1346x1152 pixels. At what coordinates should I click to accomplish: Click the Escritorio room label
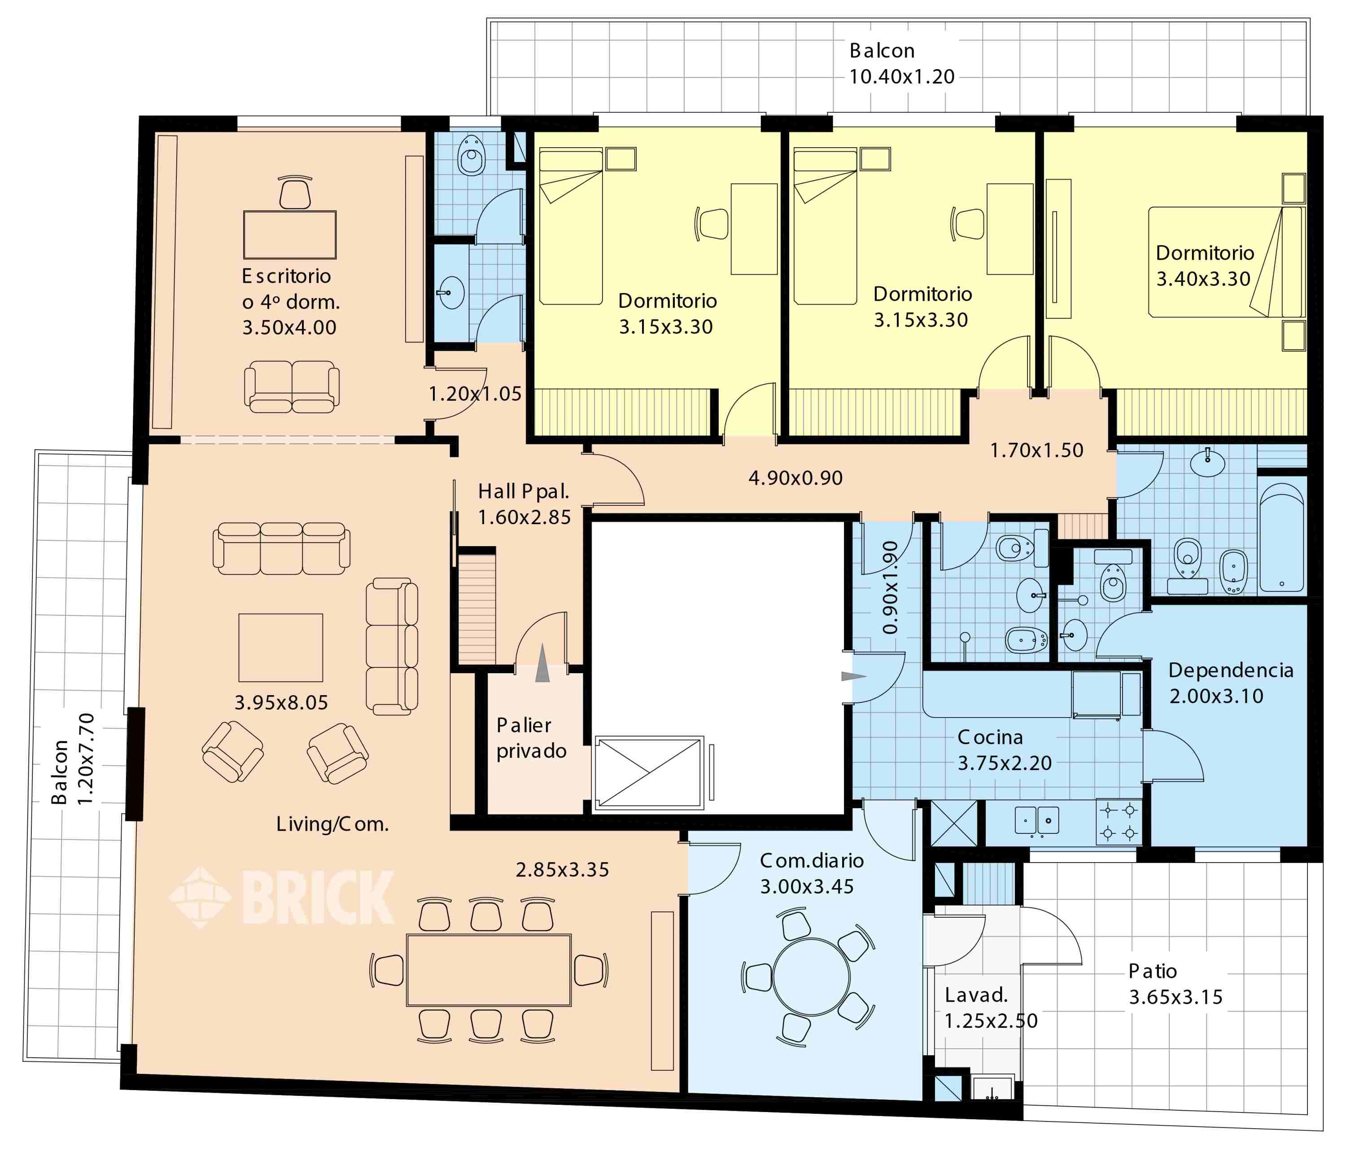(287, 276)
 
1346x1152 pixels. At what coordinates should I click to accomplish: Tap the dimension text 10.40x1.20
(902, 77)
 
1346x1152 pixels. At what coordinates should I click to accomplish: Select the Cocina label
(990, 737)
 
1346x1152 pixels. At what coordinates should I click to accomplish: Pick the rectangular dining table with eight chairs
(489, 970)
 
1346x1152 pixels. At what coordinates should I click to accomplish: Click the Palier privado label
(531, 737)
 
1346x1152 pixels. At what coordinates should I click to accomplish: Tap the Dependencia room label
(1230, 670)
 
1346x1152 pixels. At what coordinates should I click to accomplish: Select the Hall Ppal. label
(524, 491)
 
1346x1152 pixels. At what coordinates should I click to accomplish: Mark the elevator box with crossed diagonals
(649, 772)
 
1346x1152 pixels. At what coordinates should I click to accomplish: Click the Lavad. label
(976, 995)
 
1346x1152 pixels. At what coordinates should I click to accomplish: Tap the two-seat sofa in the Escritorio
(292, 387)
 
